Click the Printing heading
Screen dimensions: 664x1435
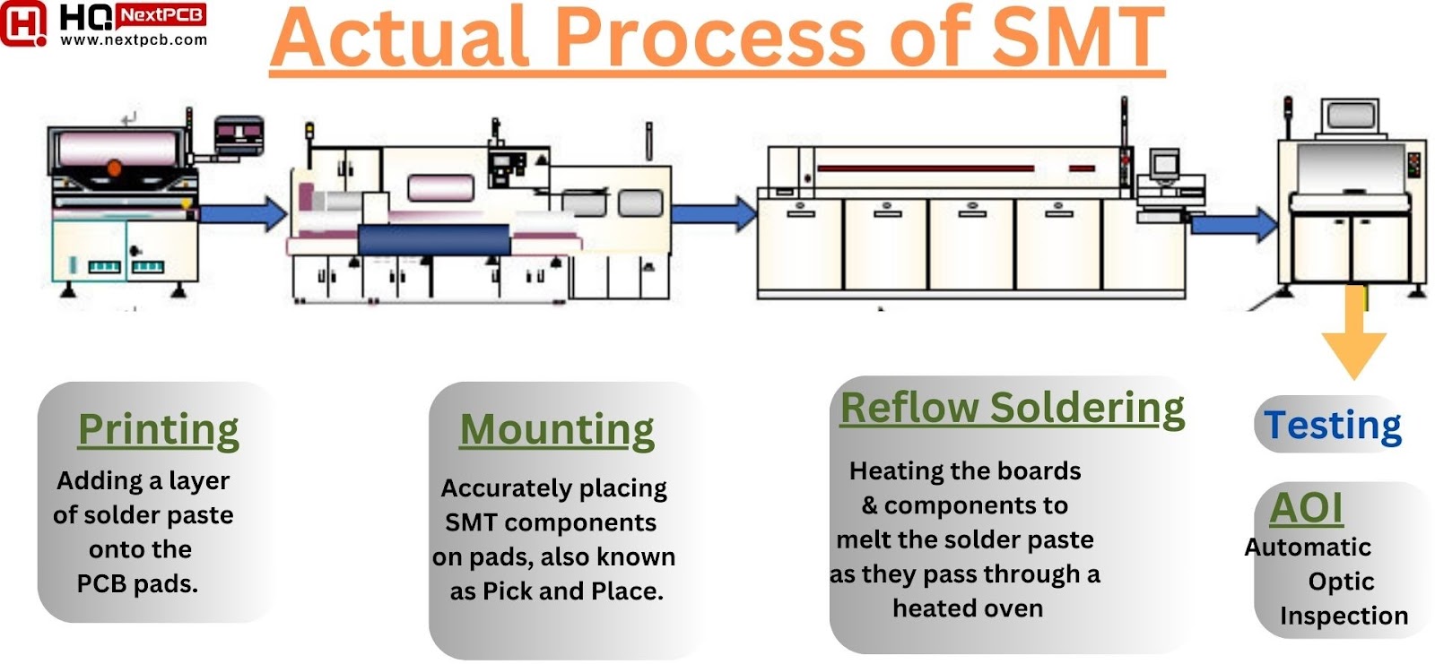(x=158, y=429)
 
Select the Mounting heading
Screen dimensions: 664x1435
(x=556, y=429)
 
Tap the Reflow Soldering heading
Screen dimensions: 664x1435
(x=1012, y=408)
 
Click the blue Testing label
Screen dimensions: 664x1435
(x=1332, y=425)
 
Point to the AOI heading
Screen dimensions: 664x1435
(x=1306, y=508)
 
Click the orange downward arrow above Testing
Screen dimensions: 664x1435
(x=1353, y=337)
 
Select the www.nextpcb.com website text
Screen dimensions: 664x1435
(x=134, y=39)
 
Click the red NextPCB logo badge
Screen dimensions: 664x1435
(x=161, y=15)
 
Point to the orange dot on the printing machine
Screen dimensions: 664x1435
(x=114, y=168)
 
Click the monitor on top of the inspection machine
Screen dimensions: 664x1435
(x=1352, y=116)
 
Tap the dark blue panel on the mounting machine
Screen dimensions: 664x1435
(x=433, y=240)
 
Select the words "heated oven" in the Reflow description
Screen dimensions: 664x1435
(x=968, y=608)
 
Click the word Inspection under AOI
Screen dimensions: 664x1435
(x=1344, y=616)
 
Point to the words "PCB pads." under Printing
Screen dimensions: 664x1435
(x=137, y=584)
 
